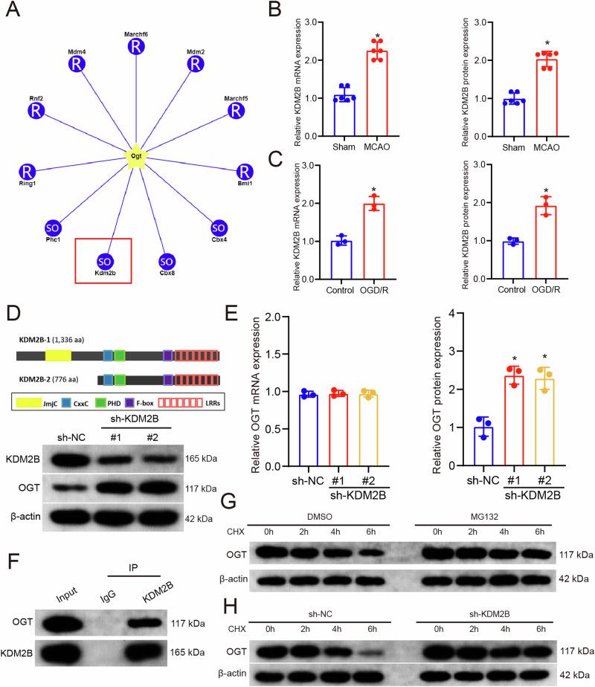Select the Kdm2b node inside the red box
(x=105, y=261)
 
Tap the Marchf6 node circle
(x=135, y=46)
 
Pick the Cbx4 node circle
(x=219, y=227)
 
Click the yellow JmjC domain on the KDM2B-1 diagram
(x=58, y=335)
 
